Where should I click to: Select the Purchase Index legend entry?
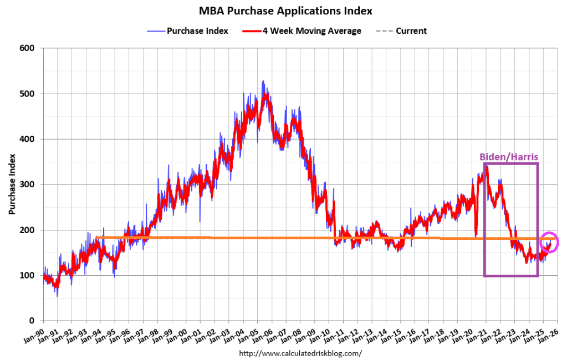click(192, 31)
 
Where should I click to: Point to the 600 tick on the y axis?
click(28, 48)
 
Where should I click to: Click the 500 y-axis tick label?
click(28, 94)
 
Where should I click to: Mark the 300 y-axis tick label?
click(28, 184)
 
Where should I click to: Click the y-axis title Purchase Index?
click(12, 184)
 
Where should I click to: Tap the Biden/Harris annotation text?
click(509, 157)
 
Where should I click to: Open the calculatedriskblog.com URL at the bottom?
click(300, 353)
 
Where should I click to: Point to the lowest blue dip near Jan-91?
click(57, 296)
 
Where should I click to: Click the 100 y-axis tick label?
click(28, 275)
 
